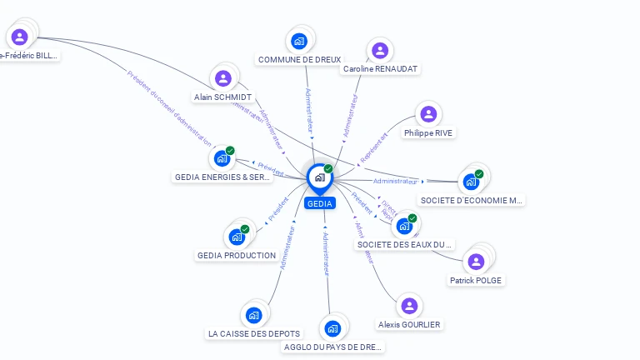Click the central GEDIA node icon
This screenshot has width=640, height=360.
(319, 177)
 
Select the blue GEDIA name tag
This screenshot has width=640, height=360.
(319, 203)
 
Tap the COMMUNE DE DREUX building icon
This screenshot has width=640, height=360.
(299, 40)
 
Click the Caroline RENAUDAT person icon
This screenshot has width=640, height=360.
(380, 50)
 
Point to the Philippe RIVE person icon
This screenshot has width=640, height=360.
(428, 114)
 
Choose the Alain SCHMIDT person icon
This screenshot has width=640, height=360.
(222, 78)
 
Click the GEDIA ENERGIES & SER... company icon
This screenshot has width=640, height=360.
(222, 158)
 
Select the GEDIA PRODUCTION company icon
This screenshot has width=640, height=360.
(237, 237)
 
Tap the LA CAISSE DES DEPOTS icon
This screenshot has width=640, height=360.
(253, 315)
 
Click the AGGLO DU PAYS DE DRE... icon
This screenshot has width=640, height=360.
(333, 328)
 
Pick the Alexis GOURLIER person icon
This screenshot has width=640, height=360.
(408, 306)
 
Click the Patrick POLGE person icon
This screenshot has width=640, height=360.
(476, 262)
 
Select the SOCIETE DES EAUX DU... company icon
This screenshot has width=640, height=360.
(405, 225)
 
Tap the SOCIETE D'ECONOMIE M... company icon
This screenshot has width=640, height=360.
(472, 181)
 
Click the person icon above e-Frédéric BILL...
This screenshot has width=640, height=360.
(20, 37)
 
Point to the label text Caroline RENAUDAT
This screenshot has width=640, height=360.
(380, 68)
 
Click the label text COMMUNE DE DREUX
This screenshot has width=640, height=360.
(299, 60)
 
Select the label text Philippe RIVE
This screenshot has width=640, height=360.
(429, 132)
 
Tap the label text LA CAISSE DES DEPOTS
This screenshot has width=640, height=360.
(253, 333)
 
